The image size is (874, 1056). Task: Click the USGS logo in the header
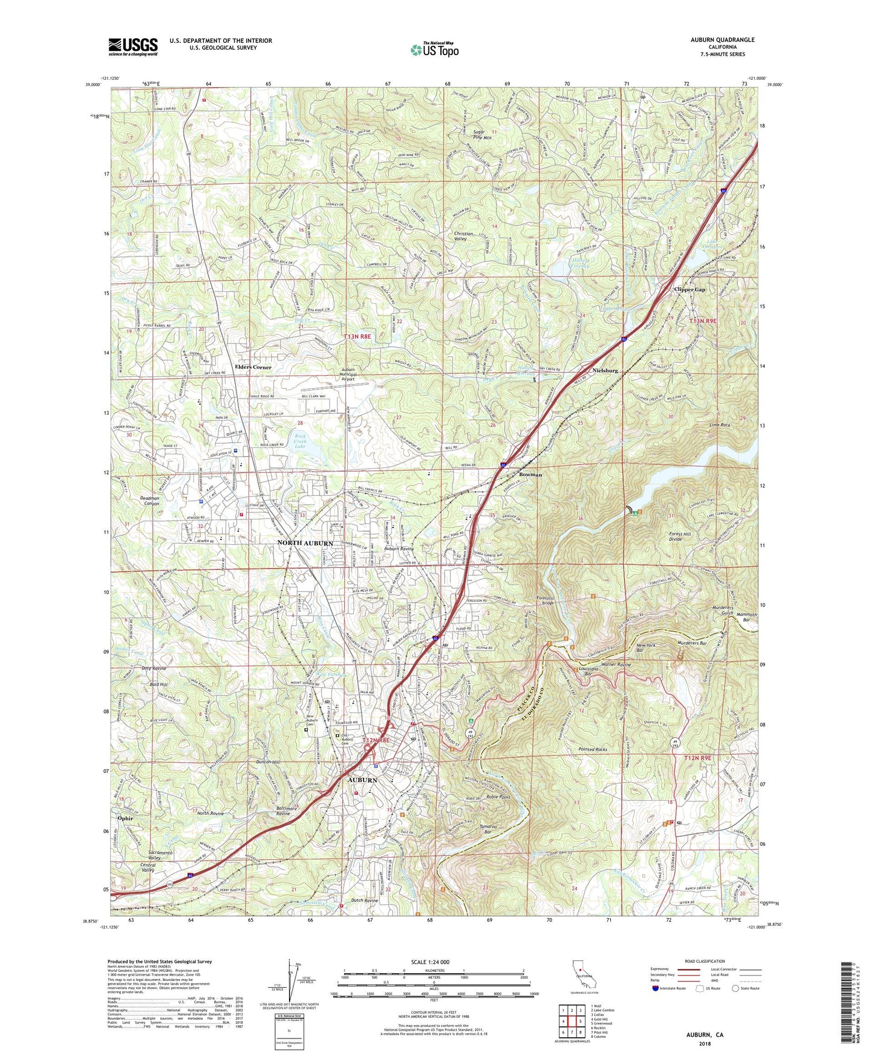[x=133, y=47]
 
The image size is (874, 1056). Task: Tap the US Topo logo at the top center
[x=434, y=50]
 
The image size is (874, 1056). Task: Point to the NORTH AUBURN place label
[x=305, y=543]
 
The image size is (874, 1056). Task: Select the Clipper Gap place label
[x=690, y=290]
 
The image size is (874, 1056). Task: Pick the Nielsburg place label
[x=605, y=370]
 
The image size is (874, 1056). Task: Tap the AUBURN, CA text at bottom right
[x=705, y=1035]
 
